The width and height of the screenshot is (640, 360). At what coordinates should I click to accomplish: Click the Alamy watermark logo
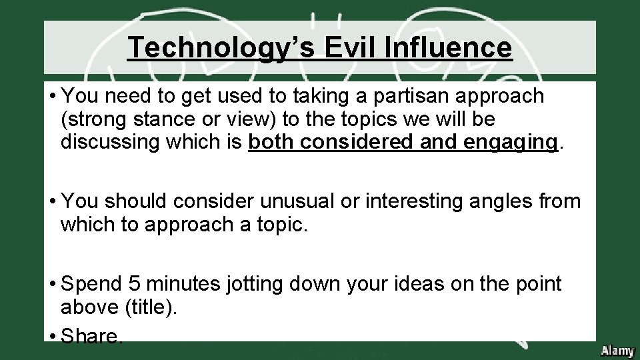pos(617,349)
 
